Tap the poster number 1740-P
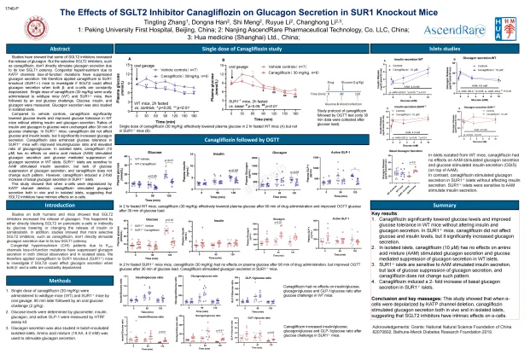click(12, 5)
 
